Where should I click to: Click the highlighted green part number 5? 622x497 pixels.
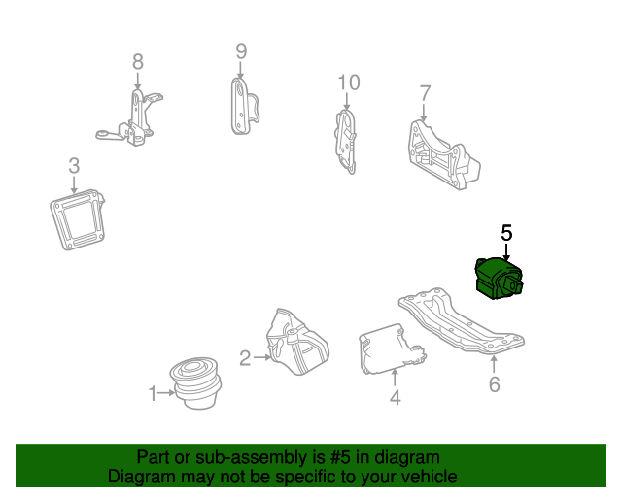(499, 279)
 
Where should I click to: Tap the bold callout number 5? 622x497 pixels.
(506, 233)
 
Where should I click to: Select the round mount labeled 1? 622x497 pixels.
(195, 382)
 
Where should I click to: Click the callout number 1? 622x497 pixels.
(153, 393)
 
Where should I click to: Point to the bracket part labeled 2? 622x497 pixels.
(297, 342)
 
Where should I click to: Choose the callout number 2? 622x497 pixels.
(245, 358)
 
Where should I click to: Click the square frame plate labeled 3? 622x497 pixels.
(78, 219)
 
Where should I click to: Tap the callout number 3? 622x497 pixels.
(74, 166)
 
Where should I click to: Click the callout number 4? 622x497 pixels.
(396, 398)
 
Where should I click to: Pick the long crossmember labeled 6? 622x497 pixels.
(462, 320)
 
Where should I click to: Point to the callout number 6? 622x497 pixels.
(495, 384)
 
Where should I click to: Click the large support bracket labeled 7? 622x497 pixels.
(443, 155)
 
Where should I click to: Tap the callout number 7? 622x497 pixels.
(426, 93)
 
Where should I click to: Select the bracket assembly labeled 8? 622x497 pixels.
(131, 117)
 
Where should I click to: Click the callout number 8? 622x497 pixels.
(138, 62)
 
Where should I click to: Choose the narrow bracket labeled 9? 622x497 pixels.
(244, 106)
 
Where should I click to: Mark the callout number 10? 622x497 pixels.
(349, 83)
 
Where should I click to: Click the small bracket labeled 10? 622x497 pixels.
(346, 142)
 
